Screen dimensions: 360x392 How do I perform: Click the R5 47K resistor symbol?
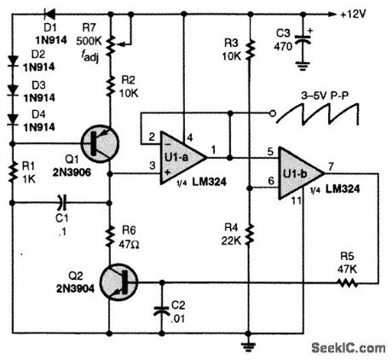click(346, 281)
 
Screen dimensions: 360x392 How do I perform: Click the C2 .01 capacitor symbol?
click(159, 310)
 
